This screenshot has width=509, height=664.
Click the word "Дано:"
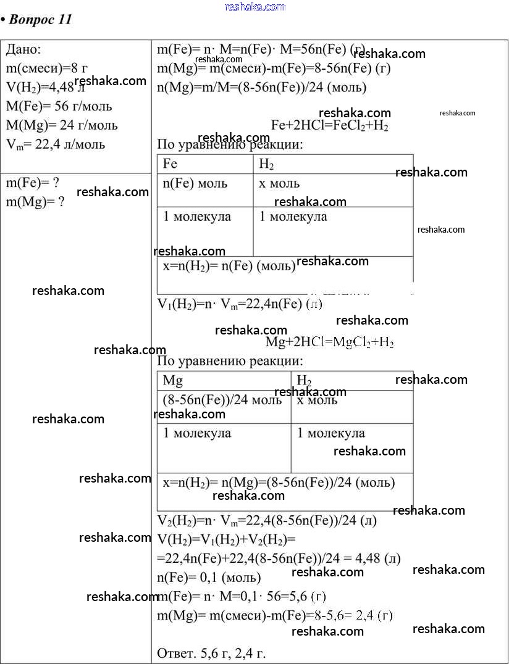23,49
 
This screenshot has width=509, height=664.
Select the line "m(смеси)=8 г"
46,68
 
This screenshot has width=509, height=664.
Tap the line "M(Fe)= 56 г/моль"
59,106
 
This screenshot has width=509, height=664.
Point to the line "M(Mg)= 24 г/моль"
62,125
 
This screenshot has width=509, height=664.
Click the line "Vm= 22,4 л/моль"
56,144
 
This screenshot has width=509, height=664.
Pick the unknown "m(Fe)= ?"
33,183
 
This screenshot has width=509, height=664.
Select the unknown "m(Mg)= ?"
35,202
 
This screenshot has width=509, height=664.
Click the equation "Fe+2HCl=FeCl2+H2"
330,125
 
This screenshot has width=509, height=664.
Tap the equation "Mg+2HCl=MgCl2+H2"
329,342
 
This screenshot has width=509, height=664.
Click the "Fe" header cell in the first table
170,164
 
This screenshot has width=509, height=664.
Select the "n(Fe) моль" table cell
195,183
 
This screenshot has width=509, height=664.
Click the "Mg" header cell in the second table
172,380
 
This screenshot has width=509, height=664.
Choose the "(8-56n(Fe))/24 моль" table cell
222,400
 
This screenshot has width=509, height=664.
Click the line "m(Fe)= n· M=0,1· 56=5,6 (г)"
242,596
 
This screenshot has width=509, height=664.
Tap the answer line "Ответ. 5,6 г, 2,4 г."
212,652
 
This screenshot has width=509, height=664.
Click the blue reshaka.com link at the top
255,7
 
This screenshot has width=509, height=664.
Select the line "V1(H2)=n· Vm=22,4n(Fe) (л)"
240,304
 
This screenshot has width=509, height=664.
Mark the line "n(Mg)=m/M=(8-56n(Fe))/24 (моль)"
261,87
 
